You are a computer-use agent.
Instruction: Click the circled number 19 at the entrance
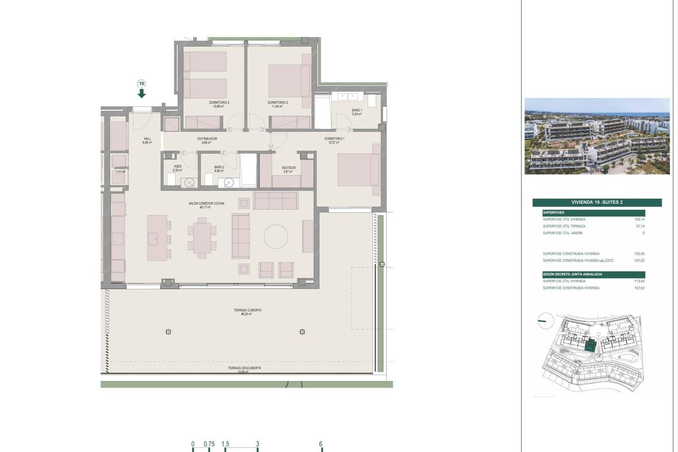(x=141, y=84)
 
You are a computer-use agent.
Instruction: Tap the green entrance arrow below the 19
(x=141, y=93)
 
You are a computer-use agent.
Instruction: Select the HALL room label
(x=147, y=139)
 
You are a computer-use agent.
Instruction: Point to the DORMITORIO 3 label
(x=219, y=102)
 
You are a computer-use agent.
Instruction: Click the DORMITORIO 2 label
(x=278, y=102)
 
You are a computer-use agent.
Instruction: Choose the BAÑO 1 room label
(x=357, y=111)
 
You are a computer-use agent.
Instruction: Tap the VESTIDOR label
(x=289, y=168)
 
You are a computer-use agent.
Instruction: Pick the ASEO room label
(x=177, y=167)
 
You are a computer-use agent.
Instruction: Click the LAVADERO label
(x=121, y=168)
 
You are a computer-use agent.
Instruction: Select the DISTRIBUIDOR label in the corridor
(x=207, y=139)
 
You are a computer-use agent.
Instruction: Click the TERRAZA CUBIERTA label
(x=247, y=310)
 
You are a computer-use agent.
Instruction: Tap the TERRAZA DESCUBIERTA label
(x=244, y=368)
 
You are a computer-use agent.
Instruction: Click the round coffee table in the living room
(x=276, y=236)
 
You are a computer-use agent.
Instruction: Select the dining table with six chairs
(x=202, y=238)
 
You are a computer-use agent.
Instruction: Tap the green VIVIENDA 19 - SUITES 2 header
(x=597, y=202)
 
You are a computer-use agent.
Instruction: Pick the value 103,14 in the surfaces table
(x=638, y=219)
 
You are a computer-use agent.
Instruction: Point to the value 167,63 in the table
(x=638, y=288)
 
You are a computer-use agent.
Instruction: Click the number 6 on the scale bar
(x=320, y=444)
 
